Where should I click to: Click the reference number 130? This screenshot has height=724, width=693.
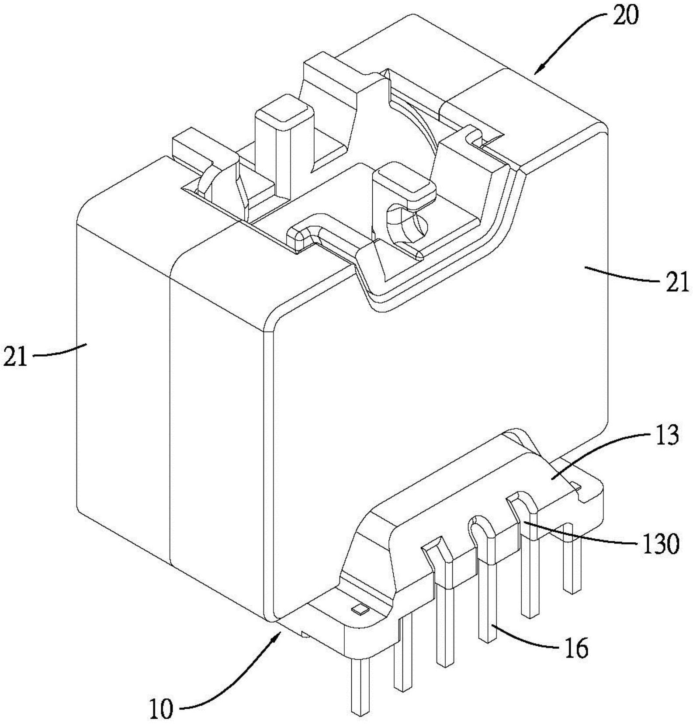click(x=660, y=544)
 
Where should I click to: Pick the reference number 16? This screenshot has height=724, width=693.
click(x=575, y=648)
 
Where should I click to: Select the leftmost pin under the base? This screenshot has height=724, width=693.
click(x=360, y=689)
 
